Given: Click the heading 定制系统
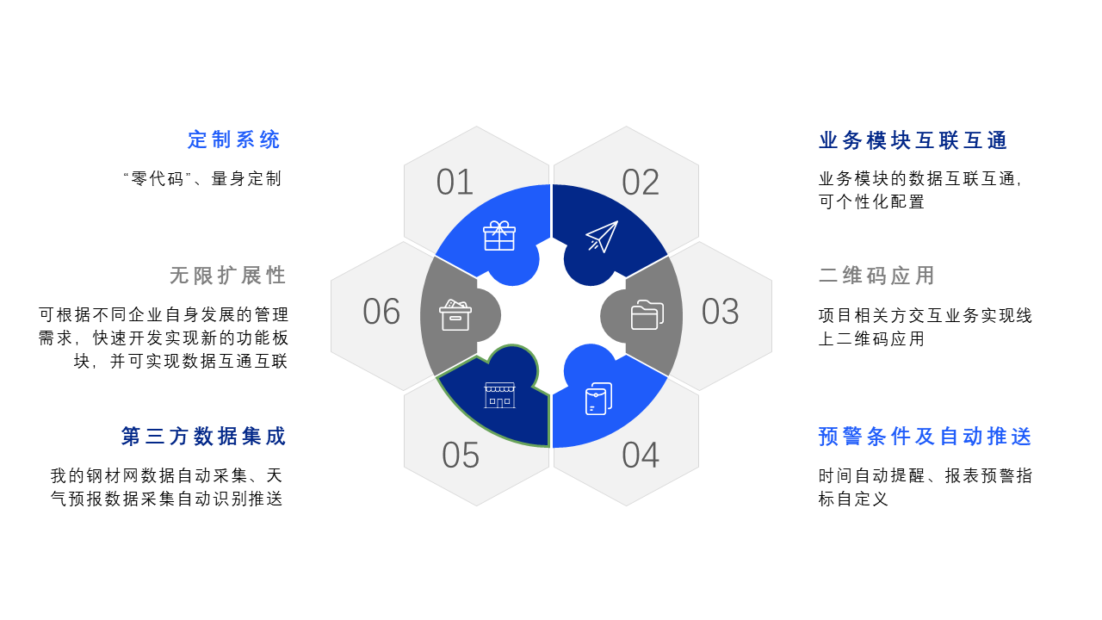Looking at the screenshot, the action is [x=234, y=139].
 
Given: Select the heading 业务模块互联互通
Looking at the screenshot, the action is [x=913, y=140].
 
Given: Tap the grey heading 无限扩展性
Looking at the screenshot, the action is [x=228, y=276].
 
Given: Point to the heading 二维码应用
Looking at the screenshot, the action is [x=876, y=276].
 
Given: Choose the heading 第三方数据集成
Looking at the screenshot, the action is [x=204, y=437].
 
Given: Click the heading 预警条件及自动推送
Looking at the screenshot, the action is [x=925, y=437].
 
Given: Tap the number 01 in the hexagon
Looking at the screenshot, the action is [x=455, y=183].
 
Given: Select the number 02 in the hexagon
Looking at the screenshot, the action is [x=641, y=183].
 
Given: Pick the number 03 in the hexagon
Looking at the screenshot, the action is [x=720, y=312].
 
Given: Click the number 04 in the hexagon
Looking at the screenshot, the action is [x=641, y=456].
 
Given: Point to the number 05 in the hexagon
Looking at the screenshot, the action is [x=461, y=456].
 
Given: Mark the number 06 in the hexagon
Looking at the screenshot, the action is [x=381, y=312].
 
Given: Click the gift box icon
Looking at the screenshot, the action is [x=499, y=236].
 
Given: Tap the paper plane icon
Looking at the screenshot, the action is [x=602, y=237].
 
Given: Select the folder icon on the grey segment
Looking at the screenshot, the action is [x=647, y=315].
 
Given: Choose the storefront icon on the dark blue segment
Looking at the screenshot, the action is [x=499, y=395].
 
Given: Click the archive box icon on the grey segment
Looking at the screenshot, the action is [x=455, y=315].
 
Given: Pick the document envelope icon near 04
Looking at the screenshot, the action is [x=598, y=399].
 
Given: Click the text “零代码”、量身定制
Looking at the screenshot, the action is [x=202, y=179].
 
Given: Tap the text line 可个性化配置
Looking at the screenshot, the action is [x=871, y=202].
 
